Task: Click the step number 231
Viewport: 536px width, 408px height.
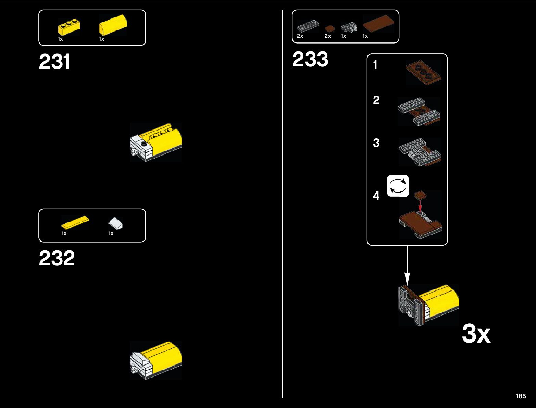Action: click(54, 62)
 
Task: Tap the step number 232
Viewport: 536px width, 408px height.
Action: click(57, 258)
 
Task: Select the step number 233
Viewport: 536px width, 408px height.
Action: click(310, 59)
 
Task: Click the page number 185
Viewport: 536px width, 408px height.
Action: click(520, 396)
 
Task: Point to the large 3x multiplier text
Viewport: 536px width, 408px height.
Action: click(476, 334)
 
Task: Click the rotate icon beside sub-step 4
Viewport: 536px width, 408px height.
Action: click(398, 186)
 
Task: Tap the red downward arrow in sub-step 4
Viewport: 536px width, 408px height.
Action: click(420, 205)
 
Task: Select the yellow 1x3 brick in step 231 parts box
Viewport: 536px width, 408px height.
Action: click(69, 28)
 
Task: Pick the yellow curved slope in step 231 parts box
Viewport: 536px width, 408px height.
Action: click(113, 25)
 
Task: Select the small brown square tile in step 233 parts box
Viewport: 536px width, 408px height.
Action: click(329, 28)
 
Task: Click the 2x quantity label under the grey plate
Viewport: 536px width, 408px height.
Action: click(300, 36)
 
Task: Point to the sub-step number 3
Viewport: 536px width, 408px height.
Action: click(376, 143)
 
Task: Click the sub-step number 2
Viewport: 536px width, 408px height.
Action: click(376, 100)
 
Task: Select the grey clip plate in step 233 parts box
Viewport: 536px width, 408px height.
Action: click(348, 27)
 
